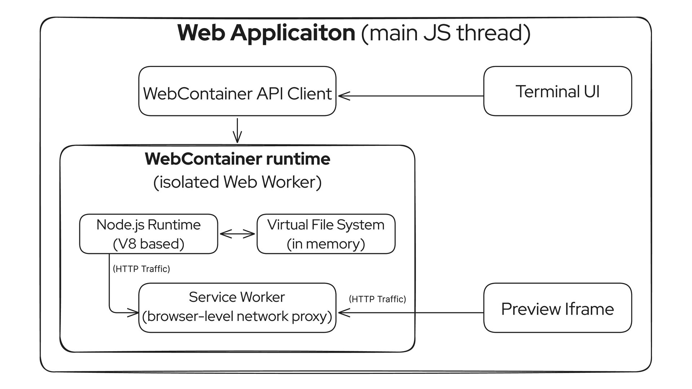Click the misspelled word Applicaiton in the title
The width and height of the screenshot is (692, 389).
[293, 33]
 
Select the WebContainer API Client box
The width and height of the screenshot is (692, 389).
[237, 91]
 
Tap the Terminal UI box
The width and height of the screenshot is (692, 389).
[558, 91]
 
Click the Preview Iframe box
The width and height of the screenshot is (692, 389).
[558, 308]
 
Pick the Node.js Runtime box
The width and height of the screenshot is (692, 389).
[148, 234]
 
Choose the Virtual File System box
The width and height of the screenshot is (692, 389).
[326, 234]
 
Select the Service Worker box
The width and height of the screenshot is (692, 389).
[237, 308]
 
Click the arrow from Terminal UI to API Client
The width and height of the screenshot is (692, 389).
[411, 96]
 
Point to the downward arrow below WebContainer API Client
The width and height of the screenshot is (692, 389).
[237, 130]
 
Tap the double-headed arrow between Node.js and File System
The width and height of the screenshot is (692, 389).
[237, 234]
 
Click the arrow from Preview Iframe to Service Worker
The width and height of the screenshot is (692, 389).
[411, 313]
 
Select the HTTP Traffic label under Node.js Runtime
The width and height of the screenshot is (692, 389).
[141, 269]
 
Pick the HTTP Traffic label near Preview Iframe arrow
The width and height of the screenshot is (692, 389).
[377, 299]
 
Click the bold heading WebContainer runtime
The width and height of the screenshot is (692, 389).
[238, 159]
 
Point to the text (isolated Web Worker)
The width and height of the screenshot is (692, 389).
[238, 182]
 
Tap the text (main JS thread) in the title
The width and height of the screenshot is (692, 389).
[445, 33]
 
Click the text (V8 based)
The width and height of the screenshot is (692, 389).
[148, 244]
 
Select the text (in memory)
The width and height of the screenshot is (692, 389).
[326, 244]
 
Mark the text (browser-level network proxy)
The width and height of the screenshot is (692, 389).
[237, 316]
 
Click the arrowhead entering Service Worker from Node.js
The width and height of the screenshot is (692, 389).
[133, 313]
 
